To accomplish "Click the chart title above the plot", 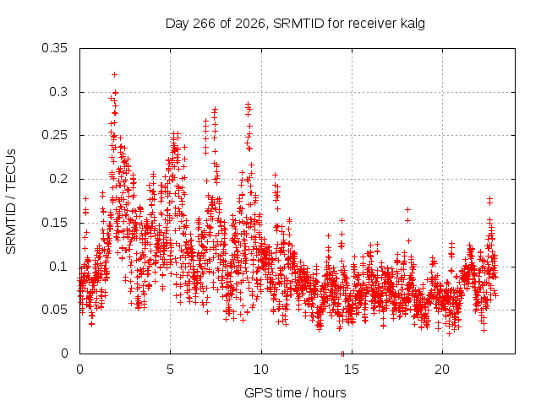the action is [x=295, y=24].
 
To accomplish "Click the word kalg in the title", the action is [x=413, y=24].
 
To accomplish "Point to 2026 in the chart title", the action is [x=250, y=24].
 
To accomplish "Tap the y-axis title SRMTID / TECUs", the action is [x=11, y=202].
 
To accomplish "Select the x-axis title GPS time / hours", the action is [x=295, y=392].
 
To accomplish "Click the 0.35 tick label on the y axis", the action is [x=54, y=48].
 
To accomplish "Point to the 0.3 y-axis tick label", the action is [x=58, y=92].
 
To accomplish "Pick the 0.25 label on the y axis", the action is [x=54, y=135].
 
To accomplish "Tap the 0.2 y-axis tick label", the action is [x=58, y=179].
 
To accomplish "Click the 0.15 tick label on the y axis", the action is [x=54, y=223].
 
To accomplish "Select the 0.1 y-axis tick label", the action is [x=58, y=267].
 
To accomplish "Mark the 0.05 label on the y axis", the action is [x=54, y=310].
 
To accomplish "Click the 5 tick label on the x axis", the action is [x=170, y=370].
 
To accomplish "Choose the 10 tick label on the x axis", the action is [x=261, y=370].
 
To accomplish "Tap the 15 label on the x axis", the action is [x=352, y=370].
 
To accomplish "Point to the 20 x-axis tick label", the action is [x=442, y=370].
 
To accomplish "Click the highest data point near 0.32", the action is [x=115, y=75].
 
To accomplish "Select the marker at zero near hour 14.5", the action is [x=342, y=354].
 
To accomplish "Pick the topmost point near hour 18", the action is [x=407, y=209].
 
